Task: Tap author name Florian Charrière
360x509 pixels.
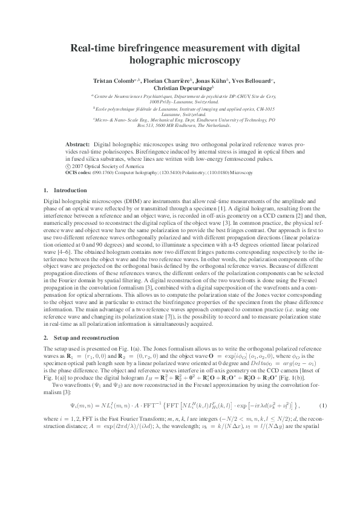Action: (164, 80)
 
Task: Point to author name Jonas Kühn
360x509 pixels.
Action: (209, 80)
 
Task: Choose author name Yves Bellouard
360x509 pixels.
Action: (250, 80)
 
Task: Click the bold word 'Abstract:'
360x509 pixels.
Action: (78, 145)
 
